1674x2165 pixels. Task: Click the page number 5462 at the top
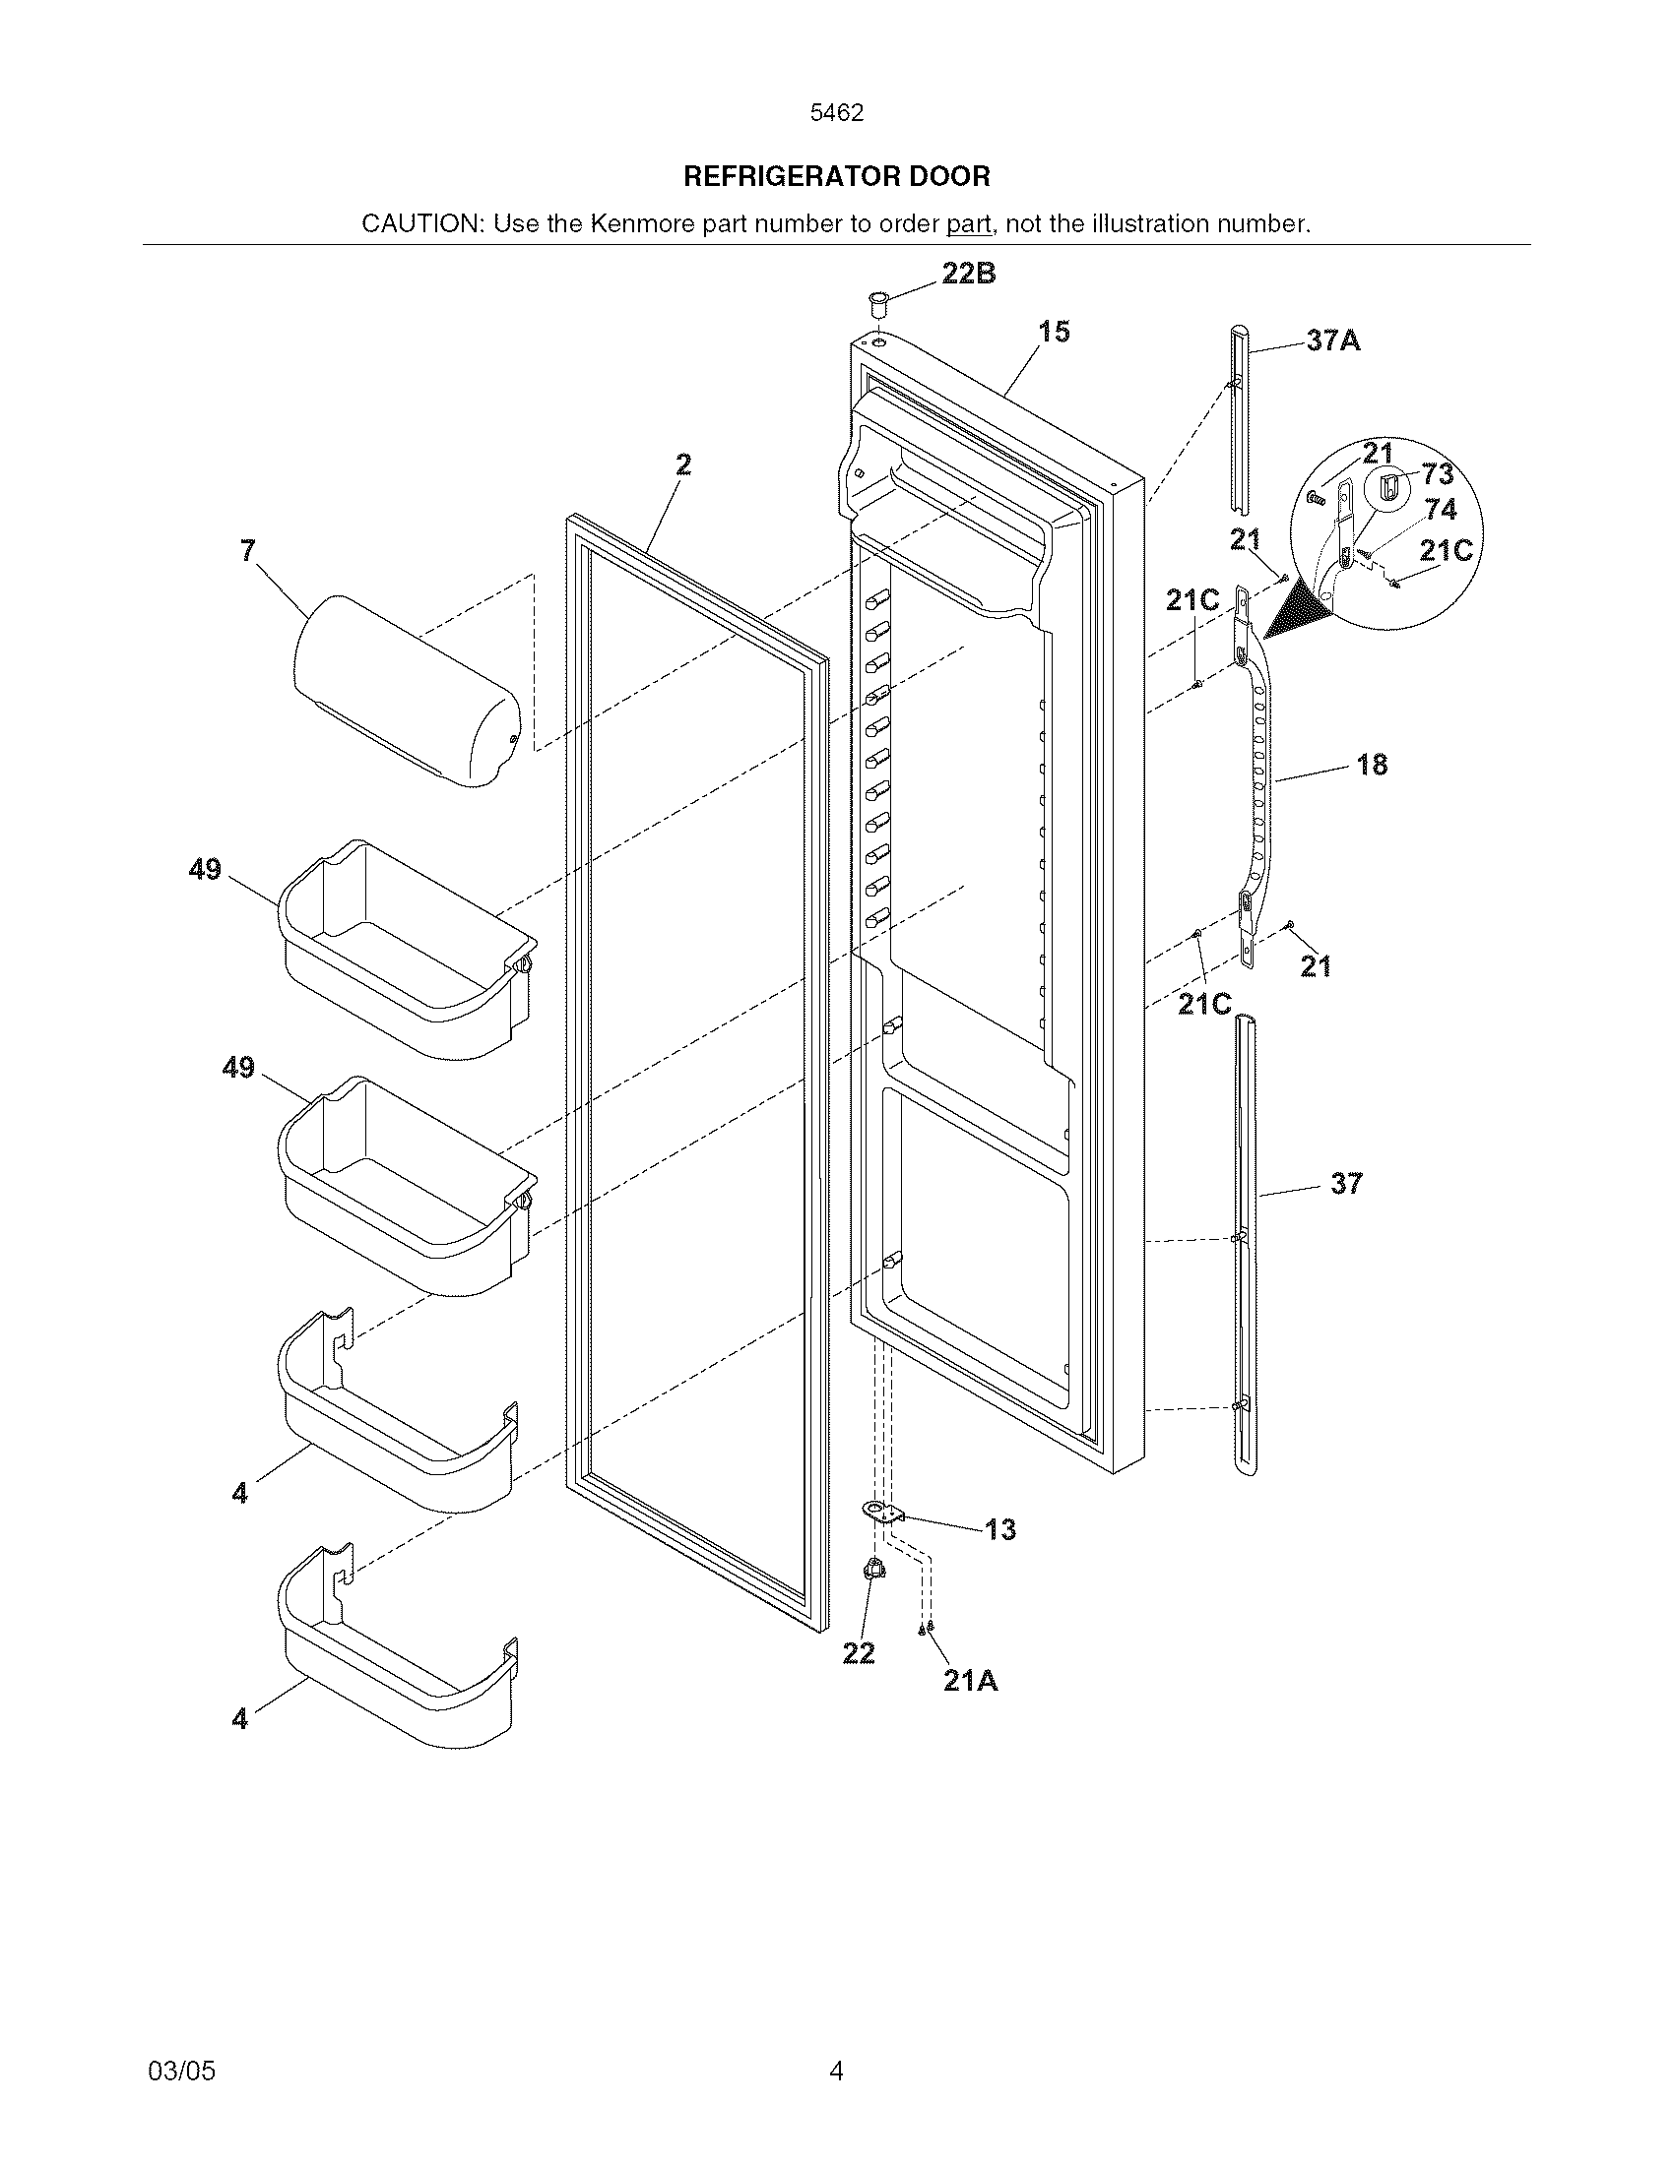tap(836, 113)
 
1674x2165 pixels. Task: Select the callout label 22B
tap(968, 275)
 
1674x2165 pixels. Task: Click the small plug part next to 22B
tap(877, 300)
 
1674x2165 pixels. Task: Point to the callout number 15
tap(1055, 332)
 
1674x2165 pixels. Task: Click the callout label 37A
tap(1333, 342)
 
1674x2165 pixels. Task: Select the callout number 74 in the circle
tap(1440, 510)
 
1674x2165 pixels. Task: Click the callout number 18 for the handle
tap(1372, 765)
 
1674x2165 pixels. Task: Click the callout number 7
tap(248, 551)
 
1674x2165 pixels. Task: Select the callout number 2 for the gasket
tap(683, 464)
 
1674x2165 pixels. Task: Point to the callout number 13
tap(1000, 1529)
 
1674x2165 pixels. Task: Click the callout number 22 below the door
tap(859, 1652)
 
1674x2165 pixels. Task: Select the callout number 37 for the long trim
tap(1346, 1183)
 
